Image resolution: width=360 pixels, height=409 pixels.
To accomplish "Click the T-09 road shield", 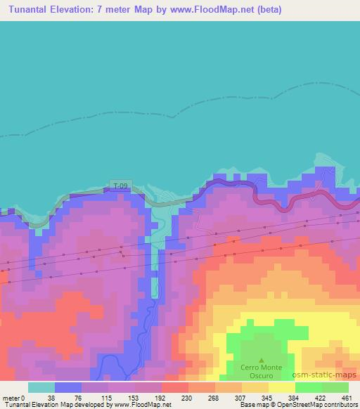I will tap(121, 186).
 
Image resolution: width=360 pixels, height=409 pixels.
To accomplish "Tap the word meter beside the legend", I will tap(11, 398).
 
